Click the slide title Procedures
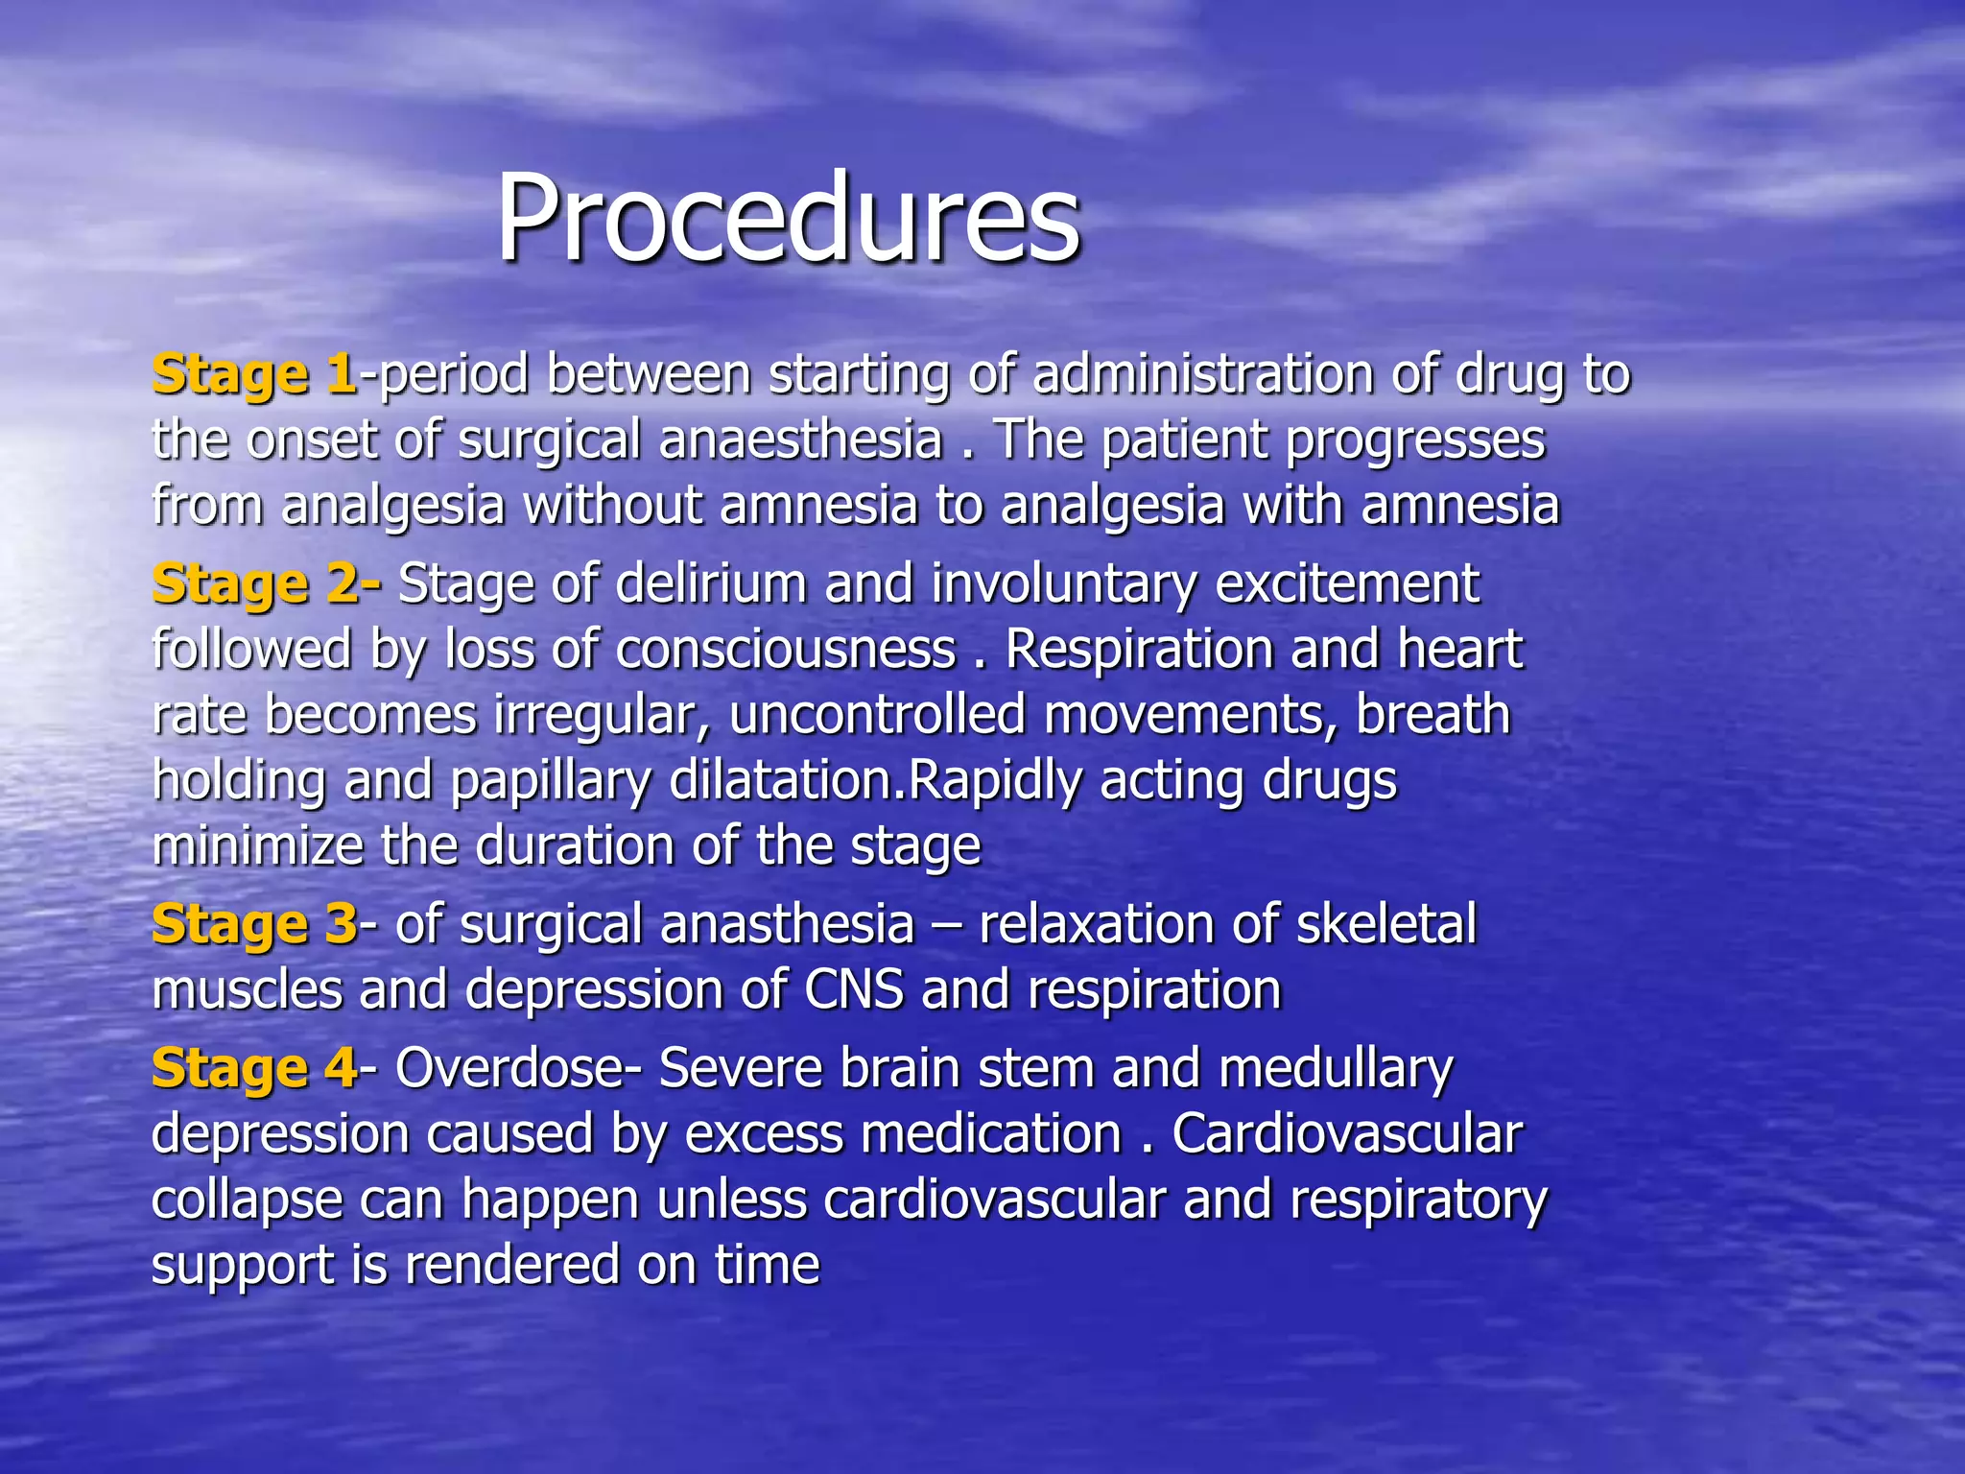788,219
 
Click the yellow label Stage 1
254,375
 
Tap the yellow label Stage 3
254,925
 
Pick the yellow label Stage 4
254,1069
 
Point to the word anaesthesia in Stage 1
800,440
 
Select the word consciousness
785,650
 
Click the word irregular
601,716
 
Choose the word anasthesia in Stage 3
787,925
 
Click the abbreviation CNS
854,990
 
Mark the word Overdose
509,1069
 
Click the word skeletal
1385,925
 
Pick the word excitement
1347,584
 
